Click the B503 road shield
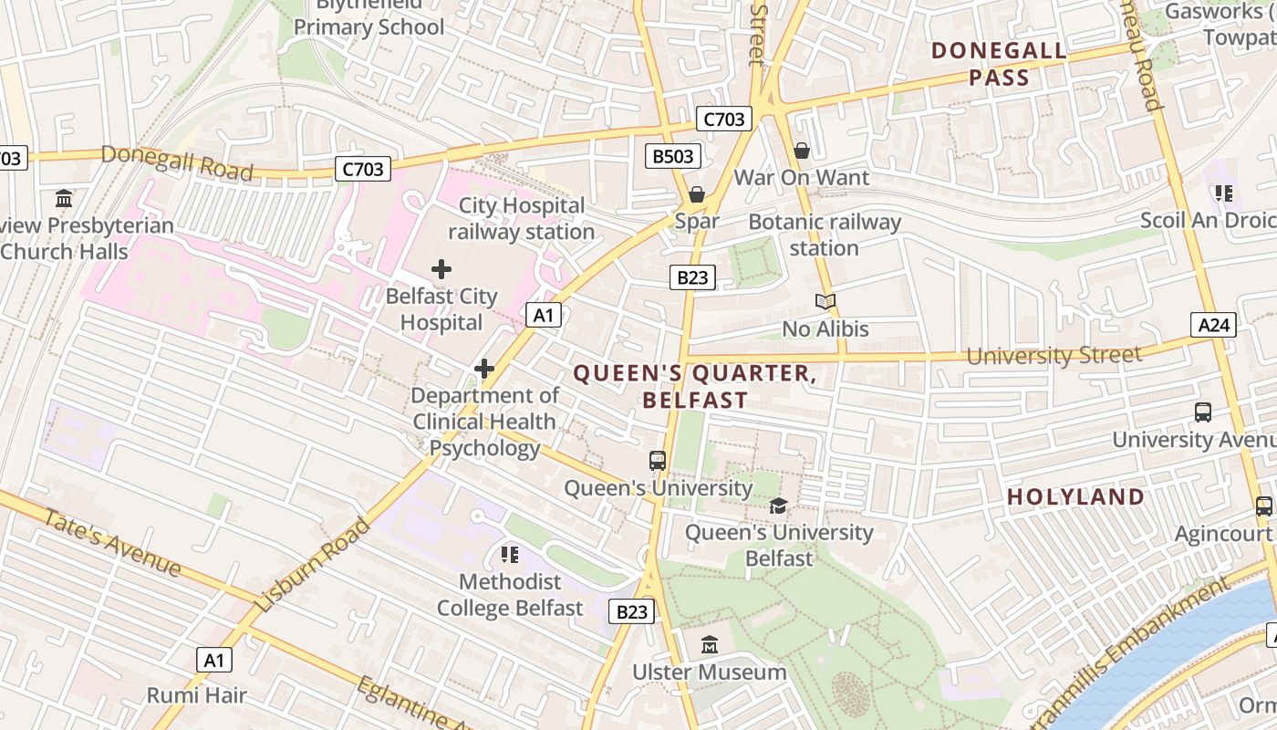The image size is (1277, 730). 673,156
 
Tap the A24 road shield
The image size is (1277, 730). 1213,324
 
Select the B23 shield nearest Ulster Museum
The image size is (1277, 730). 631,611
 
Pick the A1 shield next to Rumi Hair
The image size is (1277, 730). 213,660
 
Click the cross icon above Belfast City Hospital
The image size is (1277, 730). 441,269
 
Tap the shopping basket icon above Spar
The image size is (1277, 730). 697,194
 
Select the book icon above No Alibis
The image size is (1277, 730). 825,302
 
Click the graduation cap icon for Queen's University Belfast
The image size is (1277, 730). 778,506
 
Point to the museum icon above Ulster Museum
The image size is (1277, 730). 710,646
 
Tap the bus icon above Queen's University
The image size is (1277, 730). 658,461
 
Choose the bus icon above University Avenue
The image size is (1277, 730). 1203,412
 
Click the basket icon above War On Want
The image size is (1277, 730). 802,151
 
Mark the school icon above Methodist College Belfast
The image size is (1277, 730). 509,555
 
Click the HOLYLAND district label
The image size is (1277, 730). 1075,496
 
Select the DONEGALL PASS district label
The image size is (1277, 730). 998,64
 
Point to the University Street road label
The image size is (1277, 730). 1054,355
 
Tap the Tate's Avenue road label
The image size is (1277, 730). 111,541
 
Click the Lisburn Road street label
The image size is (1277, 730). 313,566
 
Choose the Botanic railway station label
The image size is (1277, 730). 825,235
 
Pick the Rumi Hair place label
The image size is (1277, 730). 197,695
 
